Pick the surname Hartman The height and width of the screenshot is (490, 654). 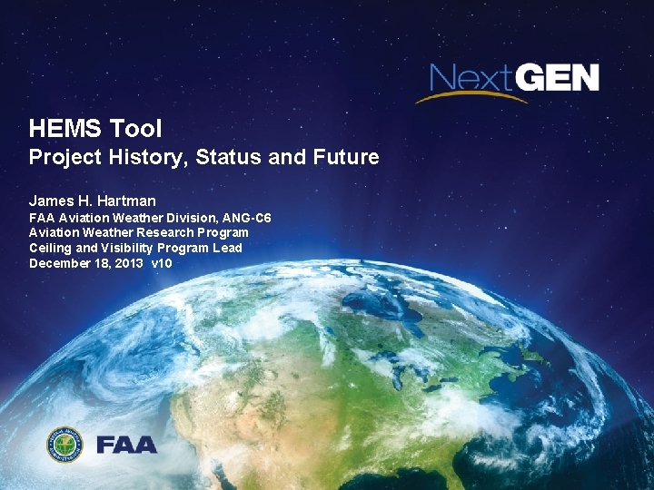tap(124, 201)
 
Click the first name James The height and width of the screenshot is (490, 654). tap(51, 201)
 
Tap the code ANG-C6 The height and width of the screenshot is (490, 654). tap(246, 219)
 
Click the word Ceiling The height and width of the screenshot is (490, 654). tap(51, 248)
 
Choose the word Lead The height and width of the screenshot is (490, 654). tap(227, 248)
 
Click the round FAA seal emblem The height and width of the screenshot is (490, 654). tap(64, 445)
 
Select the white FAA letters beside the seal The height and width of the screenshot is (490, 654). tap(126, 446)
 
